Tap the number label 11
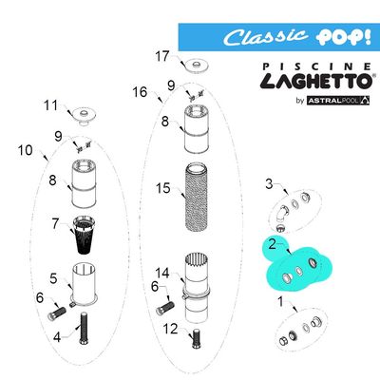[50, 104]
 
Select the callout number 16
[141, 92]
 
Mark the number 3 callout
[269, 182]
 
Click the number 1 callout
[280, 301]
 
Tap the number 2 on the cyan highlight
[272, 245]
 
